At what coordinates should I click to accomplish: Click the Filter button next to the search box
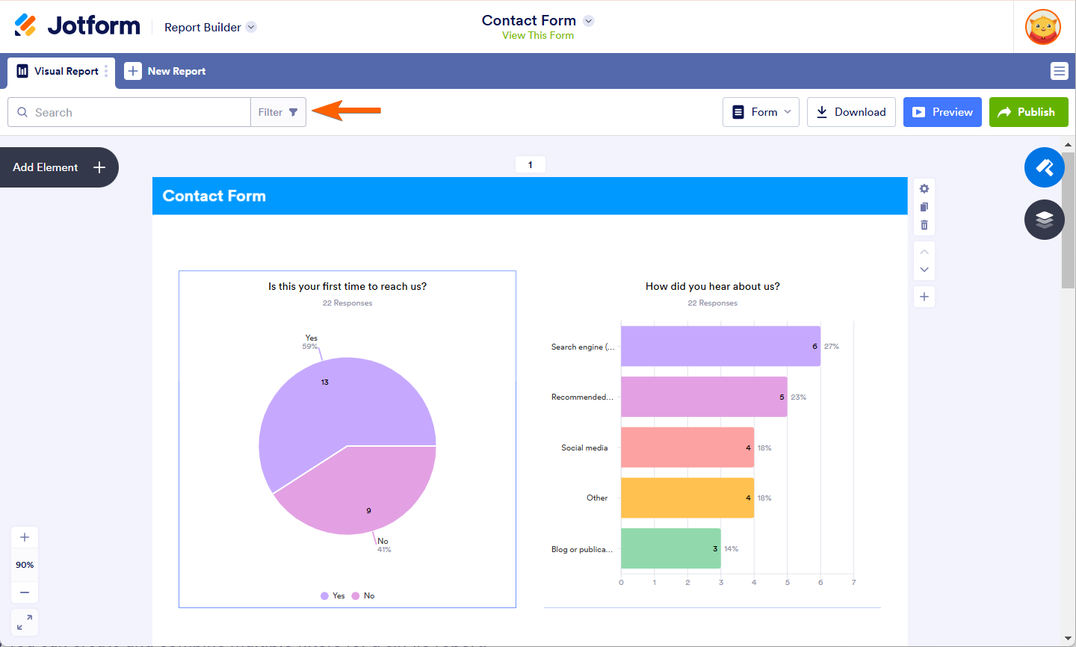click(x=278, y=112)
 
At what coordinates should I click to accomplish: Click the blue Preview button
click(x=941, y=112)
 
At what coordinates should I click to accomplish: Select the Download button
click(x=850, y=112)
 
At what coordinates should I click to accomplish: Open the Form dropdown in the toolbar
click(x=761, y=112)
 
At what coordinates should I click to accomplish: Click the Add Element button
click(x=59, y=167)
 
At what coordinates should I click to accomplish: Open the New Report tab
click(x=165, y=71)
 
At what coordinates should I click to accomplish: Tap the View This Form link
click(x=537, y=35)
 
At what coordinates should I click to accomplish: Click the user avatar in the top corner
click(x=1042, y=27)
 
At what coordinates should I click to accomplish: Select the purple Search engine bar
click(x=720, y=346)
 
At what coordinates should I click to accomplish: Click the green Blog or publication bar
click(x=670, y=548)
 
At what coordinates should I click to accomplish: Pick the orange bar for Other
click(x=687, y=498)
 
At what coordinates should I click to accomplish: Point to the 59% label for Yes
click(x=309, y=347)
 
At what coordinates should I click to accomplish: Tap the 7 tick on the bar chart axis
click(x=853, y=582)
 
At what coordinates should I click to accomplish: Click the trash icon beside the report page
click(x=924, y=225)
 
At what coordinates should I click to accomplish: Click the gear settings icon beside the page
click(x=924, y=188)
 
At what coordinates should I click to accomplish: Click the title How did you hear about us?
click(x=712, y=286)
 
